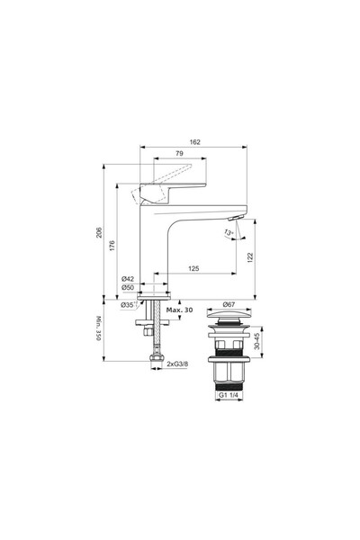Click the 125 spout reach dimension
pos(193,269)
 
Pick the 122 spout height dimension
pos(251,257)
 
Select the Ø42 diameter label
pos(129,280)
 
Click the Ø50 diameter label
pos(129,289)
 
